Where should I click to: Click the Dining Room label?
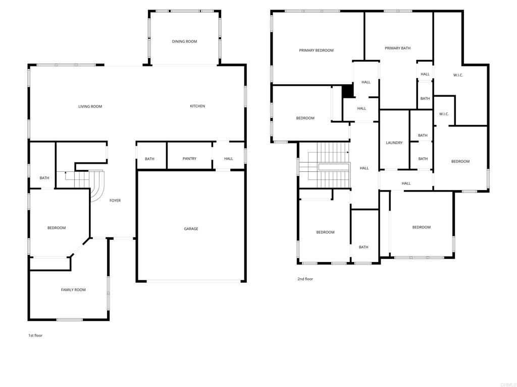184,41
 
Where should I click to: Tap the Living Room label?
90,106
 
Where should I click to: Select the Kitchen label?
197,106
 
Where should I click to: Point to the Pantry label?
190,159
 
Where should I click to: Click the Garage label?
191,229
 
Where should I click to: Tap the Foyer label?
115,201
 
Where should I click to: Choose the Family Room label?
73,290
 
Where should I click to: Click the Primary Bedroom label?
316,50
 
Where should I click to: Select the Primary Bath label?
398,48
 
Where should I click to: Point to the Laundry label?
394,143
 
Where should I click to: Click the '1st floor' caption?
35,335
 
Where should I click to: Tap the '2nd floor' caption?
305,279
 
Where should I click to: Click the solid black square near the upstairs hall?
347,91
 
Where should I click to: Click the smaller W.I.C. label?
444,114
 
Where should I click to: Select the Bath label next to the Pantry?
149,159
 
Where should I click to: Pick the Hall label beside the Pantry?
229,159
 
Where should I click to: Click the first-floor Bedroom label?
57,228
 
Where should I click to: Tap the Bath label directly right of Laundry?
423,135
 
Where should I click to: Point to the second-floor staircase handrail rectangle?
333,167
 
